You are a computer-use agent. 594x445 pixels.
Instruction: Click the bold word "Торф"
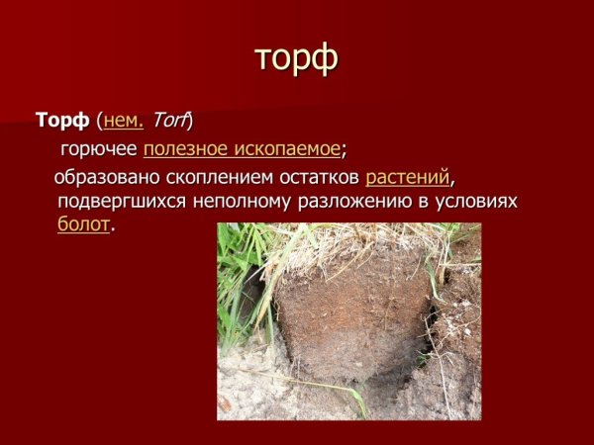[x=62, y=122]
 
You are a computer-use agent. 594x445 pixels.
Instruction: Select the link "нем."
[x=124, y=122]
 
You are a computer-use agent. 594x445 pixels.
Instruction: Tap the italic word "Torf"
[x=169, y=122]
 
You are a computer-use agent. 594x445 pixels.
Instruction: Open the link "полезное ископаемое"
[x=242, y=150]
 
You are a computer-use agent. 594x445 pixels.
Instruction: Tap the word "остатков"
[x=318, y=179]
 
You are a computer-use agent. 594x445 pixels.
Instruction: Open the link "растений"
[x=408, y=179]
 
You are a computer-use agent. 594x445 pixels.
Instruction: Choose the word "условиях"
[x=478, y=202]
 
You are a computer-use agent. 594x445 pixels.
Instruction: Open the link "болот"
[x=83, y=224]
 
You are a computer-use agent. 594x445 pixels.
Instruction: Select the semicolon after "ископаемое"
[x=344, y=151]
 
